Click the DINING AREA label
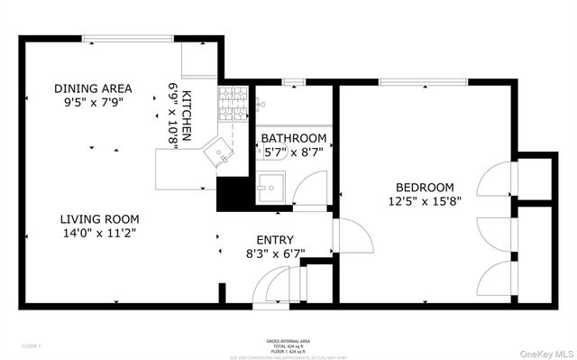pos(93,88)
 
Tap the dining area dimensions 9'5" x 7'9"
pos(93,104)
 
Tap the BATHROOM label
pos(294,138)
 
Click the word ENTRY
pos(275,239)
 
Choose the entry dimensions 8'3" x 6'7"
pos(275,254)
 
